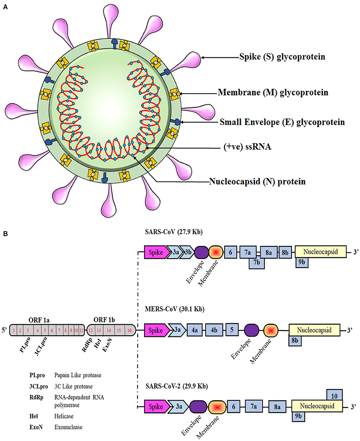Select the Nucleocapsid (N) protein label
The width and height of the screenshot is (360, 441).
click(257, 182)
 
